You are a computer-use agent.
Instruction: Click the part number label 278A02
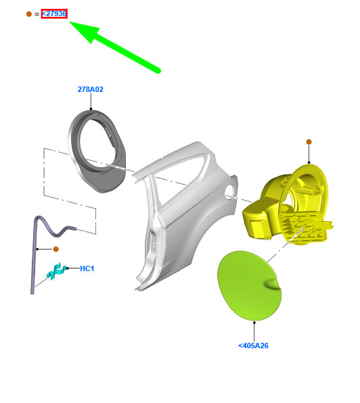click(x=90, y=89)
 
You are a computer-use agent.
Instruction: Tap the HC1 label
click(x=87, y=268)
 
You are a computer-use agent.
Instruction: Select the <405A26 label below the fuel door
click(x=253, y=346)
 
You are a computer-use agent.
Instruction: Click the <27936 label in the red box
click(x=54, y=14)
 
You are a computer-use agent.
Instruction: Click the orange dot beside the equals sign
click(x=28, y=14)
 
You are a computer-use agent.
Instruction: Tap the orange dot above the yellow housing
click(x=309, y=142)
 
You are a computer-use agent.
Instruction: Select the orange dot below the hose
click(x=56, y=250)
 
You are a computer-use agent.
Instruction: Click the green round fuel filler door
click(x=250, y=285)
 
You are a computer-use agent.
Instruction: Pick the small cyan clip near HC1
click(x=54, y=272)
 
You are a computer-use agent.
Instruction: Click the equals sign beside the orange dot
click(x=37, y=14)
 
